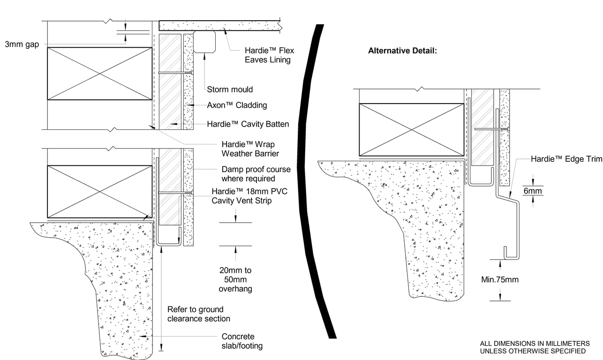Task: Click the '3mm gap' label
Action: [x=22, y=45]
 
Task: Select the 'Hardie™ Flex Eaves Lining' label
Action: [x=269, y=55]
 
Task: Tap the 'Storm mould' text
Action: [x=230, y=90]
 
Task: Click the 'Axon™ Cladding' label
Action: [x=237, y=105]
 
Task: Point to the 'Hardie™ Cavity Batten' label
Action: [x=248, y=124]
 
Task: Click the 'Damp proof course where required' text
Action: [x=256, y=174]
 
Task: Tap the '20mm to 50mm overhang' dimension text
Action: [x=235, y=279]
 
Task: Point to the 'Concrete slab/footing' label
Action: [x=241, y=341]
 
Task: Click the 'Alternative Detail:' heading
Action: [x=402, y=51]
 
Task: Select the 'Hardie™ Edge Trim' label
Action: [x=566, y=159]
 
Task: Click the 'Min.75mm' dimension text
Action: [x=500, y=280]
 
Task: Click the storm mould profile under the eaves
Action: [x=205, y=42]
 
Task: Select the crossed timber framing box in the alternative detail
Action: [x=411, y=130]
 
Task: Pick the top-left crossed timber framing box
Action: [x=99, y=73]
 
